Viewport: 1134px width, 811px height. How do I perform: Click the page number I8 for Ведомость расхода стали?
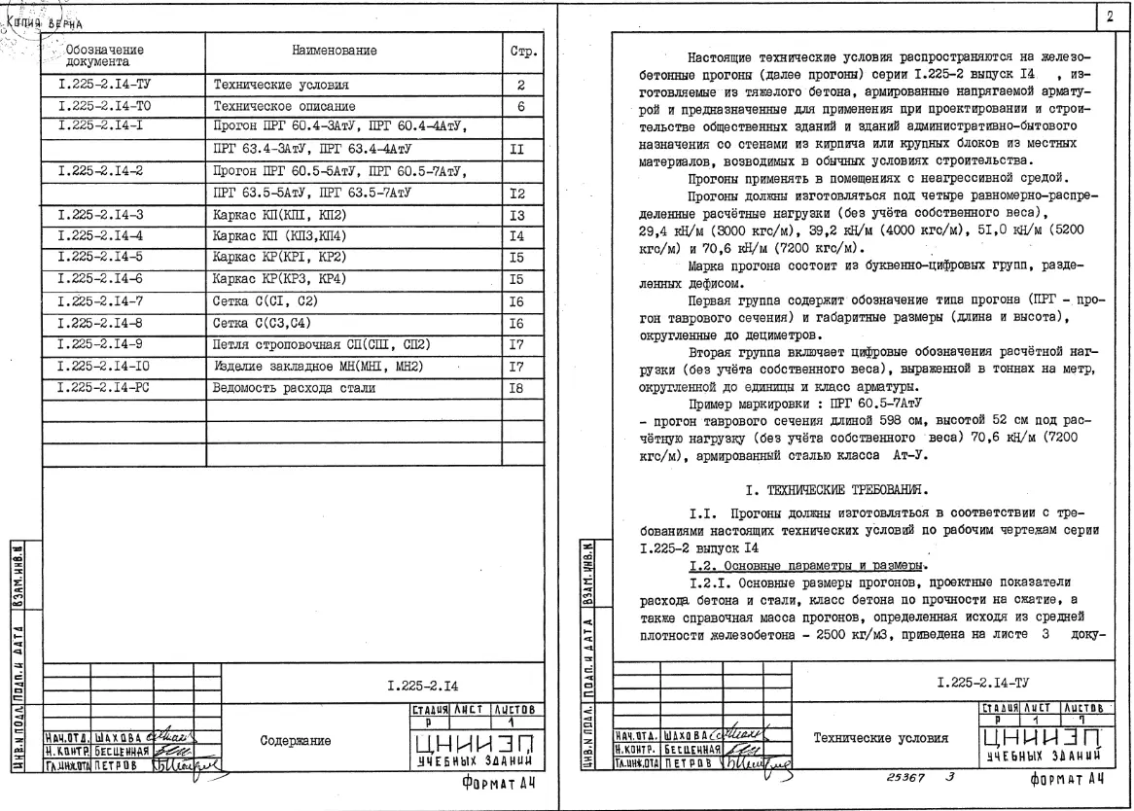521,387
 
